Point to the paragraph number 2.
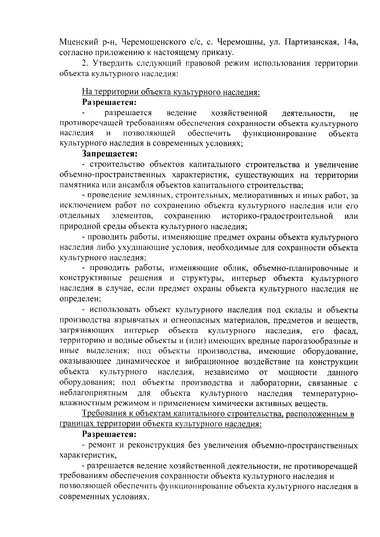tap(85, 63)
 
